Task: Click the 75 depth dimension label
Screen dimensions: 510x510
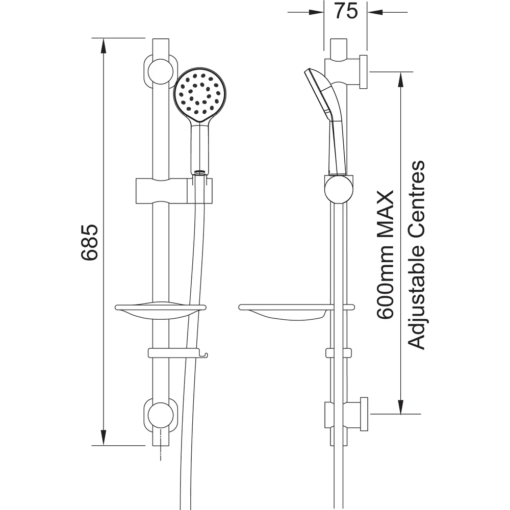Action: coord(346,12)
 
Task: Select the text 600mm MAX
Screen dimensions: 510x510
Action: coord(386,255)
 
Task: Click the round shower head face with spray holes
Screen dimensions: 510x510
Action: coord(199,95)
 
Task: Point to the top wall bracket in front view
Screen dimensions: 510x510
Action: coord(160,71)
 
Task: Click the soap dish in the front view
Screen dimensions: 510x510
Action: coord(160,311)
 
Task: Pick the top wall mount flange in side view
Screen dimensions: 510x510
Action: coord(363,71)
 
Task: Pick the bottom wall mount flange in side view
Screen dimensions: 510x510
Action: coord(363,414)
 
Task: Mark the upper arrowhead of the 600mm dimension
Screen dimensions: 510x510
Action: coord(401,78)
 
